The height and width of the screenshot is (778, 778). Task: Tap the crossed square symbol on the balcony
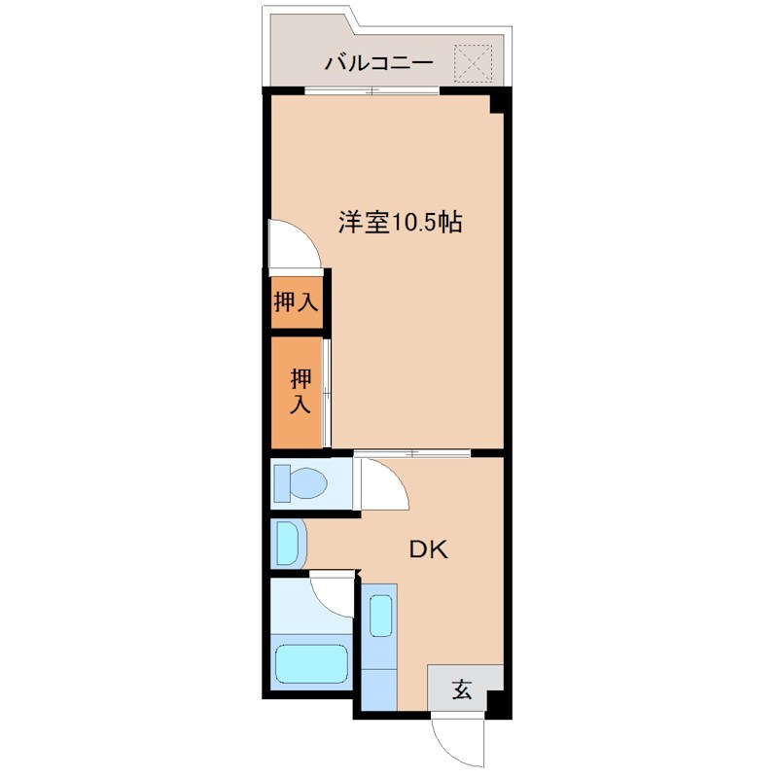[477, 62]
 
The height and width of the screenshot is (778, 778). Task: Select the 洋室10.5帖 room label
[400, 223]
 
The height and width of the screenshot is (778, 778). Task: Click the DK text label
[427, 550]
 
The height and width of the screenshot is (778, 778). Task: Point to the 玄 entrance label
[462, 691]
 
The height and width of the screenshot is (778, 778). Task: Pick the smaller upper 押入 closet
[296, 301]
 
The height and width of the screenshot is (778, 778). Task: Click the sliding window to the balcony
[371, 92]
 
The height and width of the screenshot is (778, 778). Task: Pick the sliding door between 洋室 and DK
[412, 453]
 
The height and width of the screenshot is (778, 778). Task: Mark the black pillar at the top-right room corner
[499, 102]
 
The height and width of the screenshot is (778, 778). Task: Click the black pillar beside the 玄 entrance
[497, 703]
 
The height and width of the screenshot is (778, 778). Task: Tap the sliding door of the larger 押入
[327, 391]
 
